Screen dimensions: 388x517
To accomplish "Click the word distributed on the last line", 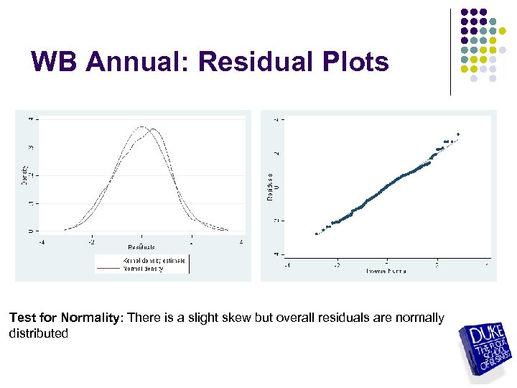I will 39,333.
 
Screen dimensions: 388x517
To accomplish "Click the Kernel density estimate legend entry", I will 154,260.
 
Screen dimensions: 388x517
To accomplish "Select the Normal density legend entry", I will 144,269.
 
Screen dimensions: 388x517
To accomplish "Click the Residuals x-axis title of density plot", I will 141,247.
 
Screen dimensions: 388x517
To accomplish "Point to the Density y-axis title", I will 24,175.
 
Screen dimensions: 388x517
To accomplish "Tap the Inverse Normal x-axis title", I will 387,271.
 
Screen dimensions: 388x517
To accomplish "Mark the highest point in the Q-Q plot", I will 458,134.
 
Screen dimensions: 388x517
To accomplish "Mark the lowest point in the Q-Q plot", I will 316,234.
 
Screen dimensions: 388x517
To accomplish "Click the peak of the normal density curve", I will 142,127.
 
